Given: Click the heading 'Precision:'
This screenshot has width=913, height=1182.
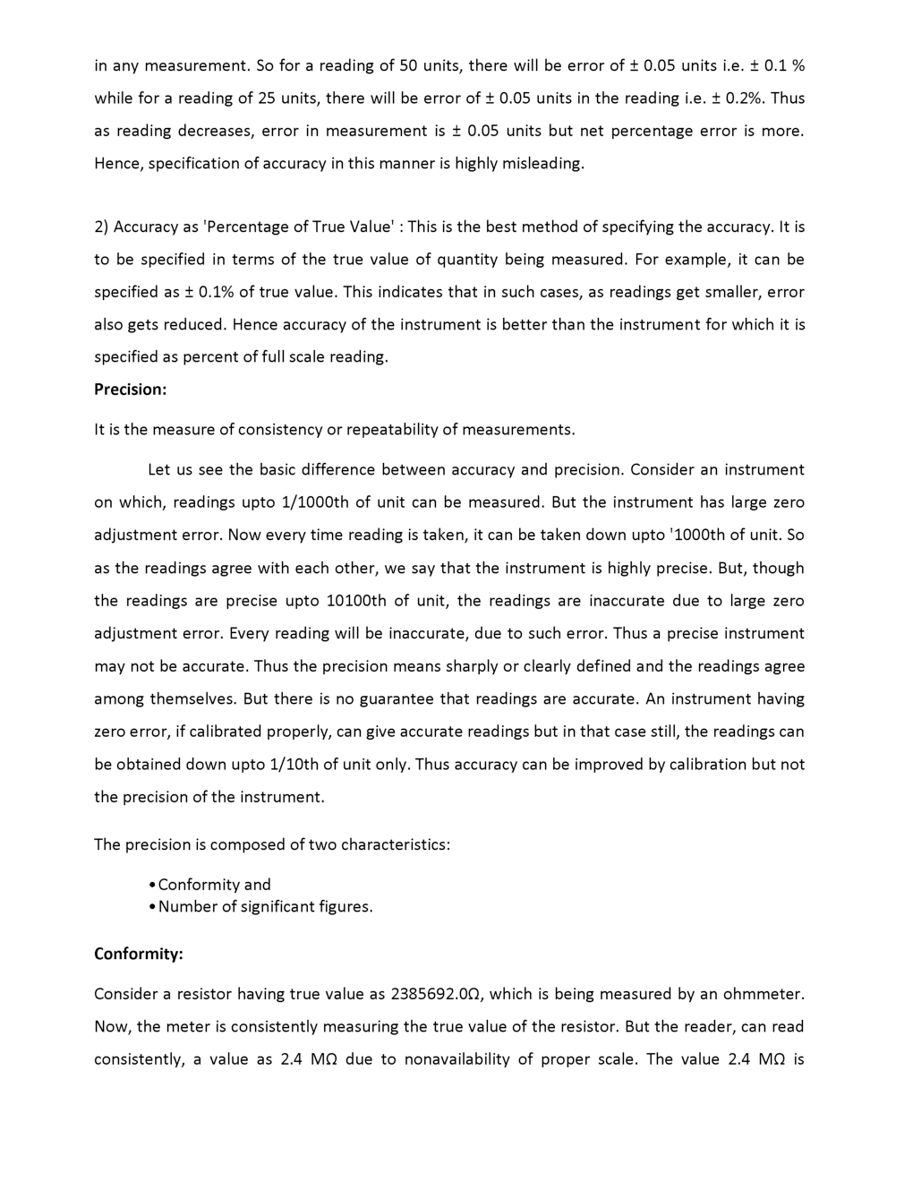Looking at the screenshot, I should tap(131, 390).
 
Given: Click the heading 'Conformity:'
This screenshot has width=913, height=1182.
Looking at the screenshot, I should tap(139, 954).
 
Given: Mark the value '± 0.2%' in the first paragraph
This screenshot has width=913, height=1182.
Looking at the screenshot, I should tap(739, 98).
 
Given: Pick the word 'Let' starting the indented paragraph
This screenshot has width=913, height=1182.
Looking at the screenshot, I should tap(158, 470).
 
